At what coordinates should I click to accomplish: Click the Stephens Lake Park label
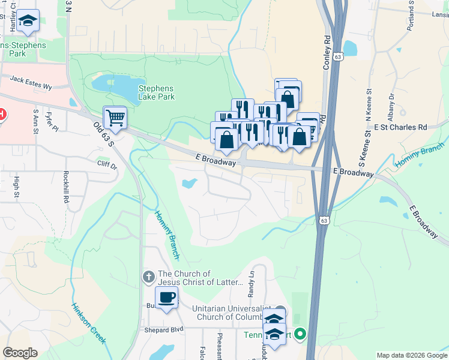(156, 92)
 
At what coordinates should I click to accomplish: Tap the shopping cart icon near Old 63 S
(115, 117)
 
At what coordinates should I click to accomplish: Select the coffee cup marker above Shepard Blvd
(166, 296)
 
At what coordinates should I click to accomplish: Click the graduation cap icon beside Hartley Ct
(27, 21)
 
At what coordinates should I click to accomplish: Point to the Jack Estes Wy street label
(31, 83)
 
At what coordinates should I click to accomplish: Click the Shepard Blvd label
(163, 330)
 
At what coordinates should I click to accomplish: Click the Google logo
(20, 353)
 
